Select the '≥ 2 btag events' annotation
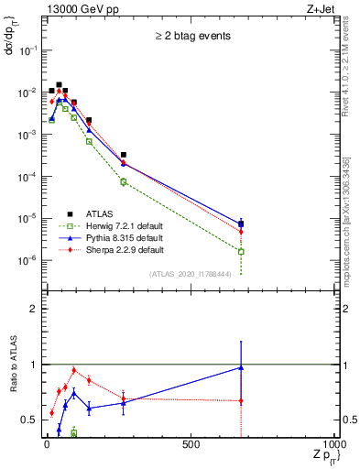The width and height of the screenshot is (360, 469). tap(191, 38)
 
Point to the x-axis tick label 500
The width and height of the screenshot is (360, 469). tap(191, 444)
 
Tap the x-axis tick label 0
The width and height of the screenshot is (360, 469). tap(47, 444)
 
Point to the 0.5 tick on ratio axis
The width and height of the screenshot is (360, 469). tap(33, 420)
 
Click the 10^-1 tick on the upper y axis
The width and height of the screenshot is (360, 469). tap(29, 50)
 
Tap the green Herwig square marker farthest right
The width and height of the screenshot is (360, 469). tap(241, 251)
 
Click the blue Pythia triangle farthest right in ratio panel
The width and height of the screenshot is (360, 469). tap(241, 367)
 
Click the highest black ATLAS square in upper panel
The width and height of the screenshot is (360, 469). tap(60, 84)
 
